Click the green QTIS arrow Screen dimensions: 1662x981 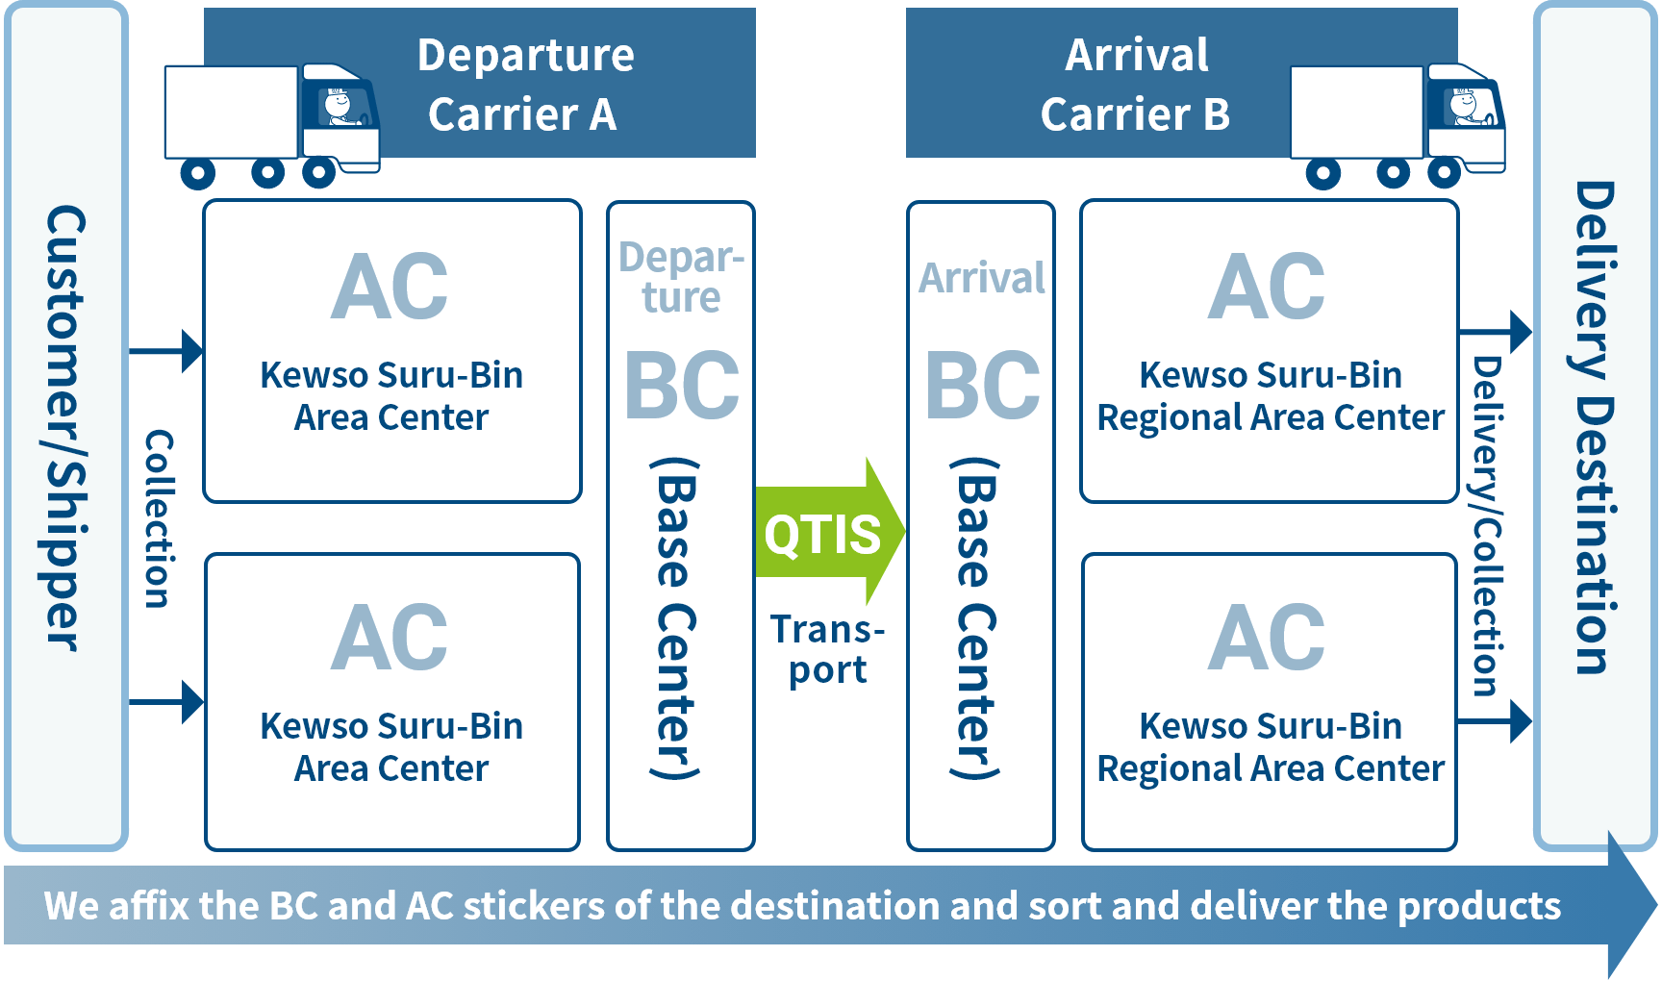click(829, 532)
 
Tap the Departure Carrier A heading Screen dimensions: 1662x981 click(525, 85)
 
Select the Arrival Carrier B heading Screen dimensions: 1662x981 click(1136, 85)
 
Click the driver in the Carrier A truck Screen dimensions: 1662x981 click(339, 107)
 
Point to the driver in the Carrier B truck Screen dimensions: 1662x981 click(1466, 107)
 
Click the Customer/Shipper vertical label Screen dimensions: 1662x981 click(65, 428)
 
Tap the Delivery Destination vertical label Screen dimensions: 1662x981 click(1595, 428)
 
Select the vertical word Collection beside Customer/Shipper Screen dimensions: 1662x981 click(159, 519)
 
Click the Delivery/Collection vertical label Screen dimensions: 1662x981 click(1487, 526)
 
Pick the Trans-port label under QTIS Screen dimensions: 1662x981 click(827, 650)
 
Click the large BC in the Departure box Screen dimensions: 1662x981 click(682, 386)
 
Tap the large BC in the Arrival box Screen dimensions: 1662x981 click(983, 386)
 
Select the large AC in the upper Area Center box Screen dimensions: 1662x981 click(390, 286)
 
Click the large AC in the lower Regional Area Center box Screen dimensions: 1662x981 click(1267, 637)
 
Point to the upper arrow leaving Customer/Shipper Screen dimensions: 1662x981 click(166, 351)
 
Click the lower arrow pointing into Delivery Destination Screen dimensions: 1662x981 click(1496, 720)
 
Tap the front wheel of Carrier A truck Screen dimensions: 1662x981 click(318, 173)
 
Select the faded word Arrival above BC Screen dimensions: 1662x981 click(982, 278)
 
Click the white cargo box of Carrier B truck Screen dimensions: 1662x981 click(1356, 112)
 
